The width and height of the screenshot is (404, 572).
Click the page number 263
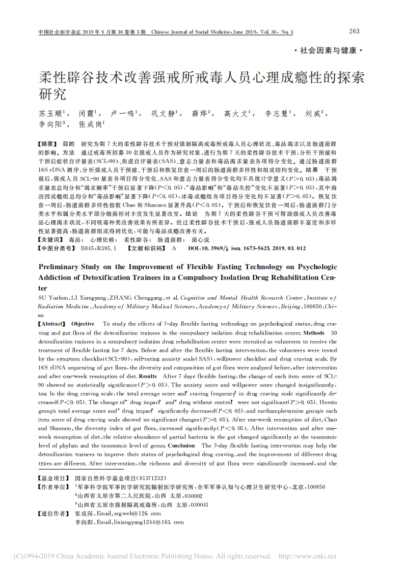(354, 31)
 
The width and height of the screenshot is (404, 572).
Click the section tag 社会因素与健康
(328, 50)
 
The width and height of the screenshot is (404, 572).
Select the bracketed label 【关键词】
(51, 239)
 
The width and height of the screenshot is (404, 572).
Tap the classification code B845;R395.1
(99, 247)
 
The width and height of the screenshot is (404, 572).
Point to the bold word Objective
(83, 324)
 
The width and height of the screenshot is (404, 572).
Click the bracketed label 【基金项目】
(53, 478)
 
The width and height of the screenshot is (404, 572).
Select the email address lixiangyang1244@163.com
(140, 522)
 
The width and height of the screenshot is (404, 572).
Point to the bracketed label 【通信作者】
(53, 513)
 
